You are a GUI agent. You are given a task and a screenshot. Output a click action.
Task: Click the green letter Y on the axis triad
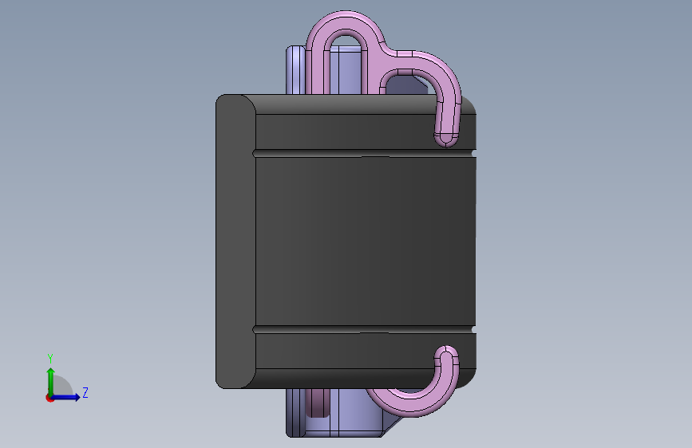(50, 358)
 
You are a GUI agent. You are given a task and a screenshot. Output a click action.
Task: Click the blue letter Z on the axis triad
(85, 392)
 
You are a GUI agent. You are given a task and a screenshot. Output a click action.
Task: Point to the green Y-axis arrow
(51, 382)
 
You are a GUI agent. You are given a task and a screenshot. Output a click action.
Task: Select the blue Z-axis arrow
(65, 397)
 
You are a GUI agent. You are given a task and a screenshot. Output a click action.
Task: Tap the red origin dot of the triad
(49, 398)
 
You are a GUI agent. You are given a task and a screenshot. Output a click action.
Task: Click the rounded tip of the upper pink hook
(446, 140)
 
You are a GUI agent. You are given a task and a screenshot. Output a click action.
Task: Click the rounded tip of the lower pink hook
(446, 352)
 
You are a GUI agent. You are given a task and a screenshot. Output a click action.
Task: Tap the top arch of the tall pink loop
(346, 22)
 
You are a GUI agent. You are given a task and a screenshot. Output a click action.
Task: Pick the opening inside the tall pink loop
(346, 66)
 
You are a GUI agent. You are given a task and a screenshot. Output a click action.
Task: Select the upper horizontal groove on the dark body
(365, 153)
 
